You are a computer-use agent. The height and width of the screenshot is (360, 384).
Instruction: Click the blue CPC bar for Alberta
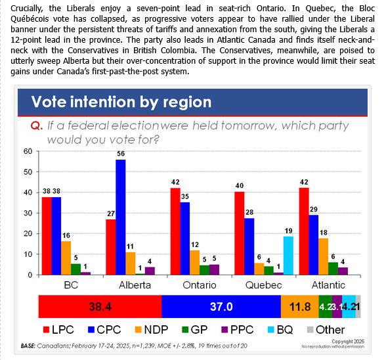(x=121, y=217)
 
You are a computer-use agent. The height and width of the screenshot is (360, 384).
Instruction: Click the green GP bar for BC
(x=76, y=269)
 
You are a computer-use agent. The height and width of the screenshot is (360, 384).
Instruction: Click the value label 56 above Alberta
(x=121, y=153)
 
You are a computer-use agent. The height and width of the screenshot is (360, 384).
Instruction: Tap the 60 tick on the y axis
(x=28, y=151)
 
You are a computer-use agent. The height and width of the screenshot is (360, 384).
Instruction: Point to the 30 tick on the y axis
(x=28, y=213)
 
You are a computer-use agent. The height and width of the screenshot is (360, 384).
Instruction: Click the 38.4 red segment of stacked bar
(x=100, y=306)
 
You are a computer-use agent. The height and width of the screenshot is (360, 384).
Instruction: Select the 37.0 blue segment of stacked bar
(x=221, y=306)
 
